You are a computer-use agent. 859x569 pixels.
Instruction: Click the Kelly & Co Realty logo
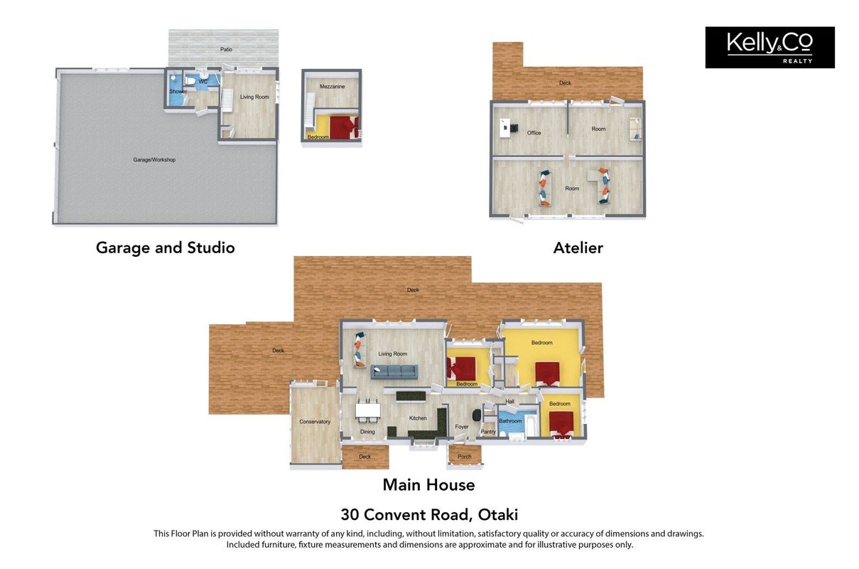(769, 47)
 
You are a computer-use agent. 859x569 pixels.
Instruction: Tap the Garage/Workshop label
(154, 160)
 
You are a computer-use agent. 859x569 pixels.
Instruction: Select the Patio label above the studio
(226, 49)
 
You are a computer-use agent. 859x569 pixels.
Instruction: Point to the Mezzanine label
(332, 86)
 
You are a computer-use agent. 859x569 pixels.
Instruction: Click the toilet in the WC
(190, 80)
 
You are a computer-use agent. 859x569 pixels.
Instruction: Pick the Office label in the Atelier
(534, 133)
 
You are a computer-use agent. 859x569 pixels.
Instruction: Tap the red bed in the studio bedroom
(344, 128)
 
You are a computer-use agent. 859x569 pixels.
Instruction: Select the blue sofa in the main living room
(394, 372)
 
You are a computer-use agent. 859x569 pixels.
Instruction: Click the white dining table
(368, 410)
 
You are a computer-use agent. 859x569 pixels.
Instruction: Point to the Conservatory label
(315, 422)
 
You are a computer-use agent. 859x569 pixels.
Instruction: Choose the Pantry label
(488, 432)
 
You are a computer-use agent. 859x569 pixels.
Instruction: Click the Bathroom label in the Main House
(510, 421)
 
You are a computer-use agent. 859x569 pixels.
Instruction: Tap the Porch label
(464, 457)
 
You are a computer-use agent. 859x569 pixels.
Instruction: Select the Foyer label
(462, 427)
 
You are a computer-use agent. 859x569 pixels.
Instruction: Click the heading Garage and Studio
(166, 248)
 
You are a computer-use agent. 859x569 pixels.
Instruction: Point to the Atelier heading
(578, 248)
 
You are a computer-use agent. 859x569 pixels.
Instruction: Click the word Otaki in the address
(498, 514)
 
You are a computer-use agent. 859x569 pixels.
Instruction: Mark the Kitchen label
(418, 418)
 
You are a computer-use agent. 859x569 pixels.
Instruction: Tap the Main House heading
(428, 484)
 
